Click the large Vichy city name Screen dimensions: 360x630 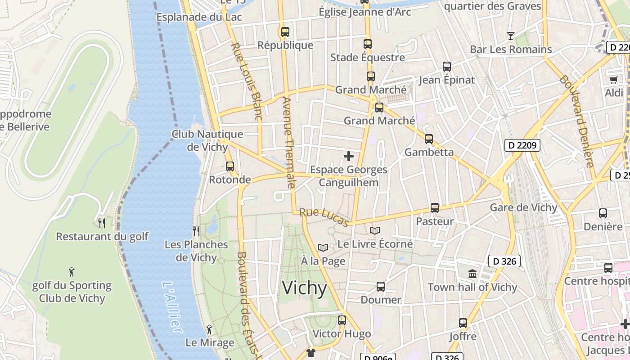tap(304, 288)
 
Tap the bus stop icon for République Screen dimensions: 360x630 tap(285, 32)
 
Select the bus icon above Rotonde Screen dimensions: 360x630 tap(230, 166)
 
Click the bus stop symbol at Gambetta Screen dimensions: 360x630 tap(429, 139)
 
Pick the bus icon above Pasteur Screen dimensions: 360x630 tap(435, 208)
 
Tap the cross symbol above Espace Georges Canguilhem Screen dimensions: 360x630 tap(349, 156)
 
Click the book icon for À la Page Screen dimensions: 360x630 tap(323, 247)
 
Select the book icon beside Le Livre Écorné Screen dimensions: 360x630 tap(375, 230)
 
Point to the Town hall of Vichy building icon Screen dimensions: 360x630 tap(472, 274)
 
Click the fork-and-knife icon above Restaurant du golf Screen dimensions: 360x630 tap(102, 223)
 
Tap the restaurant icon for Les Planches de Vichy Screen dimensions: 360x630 tap(196, 231)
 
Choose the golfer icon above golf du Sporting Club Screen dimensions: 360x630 tap(72, 272)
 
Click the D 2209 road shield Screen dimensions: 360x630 tap(522, 145)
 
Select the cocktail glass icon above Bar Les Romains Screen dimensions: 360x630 tap(511, 36)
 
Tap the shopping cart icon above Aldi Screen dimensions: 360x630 tap(614, 80)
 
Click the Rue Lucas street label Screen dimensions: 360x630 tap(324, 217)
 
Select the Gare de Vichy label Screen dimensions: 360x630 tap(523, 207)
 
